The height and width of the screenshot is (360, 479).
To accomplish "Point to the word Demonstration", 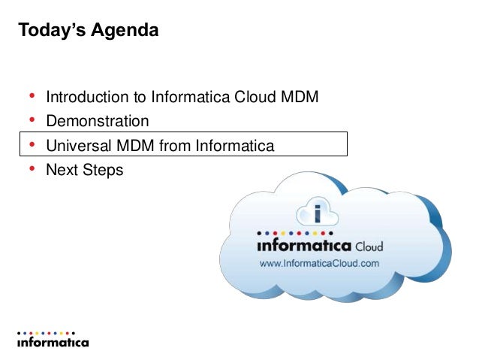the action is point(98,121).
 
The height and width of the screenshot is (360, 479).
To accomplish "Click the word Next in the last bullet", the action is point(62,170).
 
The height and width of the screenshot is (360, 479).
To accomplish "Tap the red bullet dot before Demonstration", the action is point(32,120).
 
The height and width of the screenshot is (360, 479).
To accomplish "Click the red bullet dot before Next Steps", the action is point(32,169).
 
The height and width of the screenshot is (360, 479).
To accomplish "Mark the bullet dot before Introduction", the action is point(32,97).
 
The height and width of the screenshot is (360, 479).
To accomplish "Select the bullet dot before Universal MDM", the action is point(32,144).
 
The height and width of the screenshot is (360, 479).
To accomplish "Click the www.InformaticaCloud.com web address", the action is point(319,264).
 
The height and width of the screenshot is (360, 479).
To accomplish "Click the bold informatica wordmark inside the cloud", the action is point(304,246).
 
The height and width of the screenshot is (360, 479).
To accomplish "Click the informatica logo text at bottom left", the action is point(53,342).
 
